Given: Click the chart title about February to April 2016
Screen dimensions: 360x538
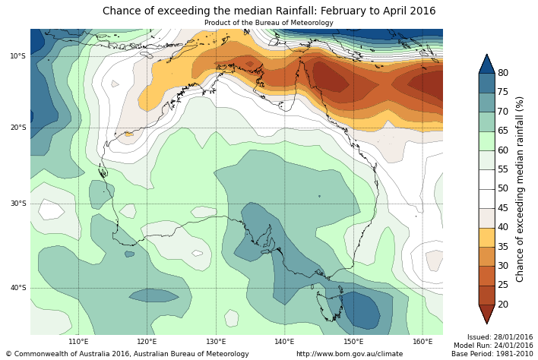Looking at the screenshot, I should click(269, 11).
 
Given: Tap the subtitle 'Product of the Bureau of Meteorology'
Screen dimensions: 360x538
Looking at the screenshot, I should click(269, 23).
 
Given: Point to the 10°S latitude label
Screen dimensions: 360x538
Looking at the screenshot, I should click(18, 56).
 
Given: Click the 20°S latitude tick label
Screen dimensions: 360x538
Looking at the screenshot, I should click(18, 128).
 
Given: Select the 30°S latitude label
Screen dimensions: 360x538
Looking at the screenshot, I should click(18, 204).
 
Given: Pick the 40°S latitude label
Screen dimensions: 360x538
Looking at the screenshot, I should click(18, 288).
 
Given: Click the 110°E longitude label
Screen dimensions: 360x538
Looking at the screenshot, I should click(78, 342).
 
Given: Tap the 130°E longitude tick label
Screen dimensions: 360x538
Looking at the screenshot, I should click(216, 342).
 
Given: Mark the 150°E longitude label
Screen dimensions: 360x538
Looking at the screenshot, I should click(353, 342).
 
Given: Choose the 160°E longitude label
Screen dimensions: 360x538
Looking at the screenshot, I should click(422, 342).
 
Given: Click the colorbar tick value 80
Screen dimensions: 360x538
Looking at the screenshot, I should click(503, 73).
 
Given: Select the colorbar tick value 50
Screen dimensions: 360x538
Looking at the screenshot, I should click(503, 188).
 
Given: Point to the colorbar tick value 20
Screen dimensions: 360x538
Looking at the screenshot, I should click(503, 305).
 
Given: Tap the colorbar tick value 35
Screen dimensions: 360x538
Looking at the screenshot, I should click(503, 247).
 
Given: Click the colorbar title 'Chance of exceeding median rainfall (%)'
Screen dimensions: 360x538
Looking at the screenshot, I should click(521, 188).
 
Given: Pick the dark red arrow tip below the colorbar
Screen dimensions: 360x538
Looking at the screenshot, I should click(486, 314).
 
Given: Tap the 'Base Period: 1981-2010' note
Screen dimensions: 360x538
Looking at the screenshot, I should click(492, 354).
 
